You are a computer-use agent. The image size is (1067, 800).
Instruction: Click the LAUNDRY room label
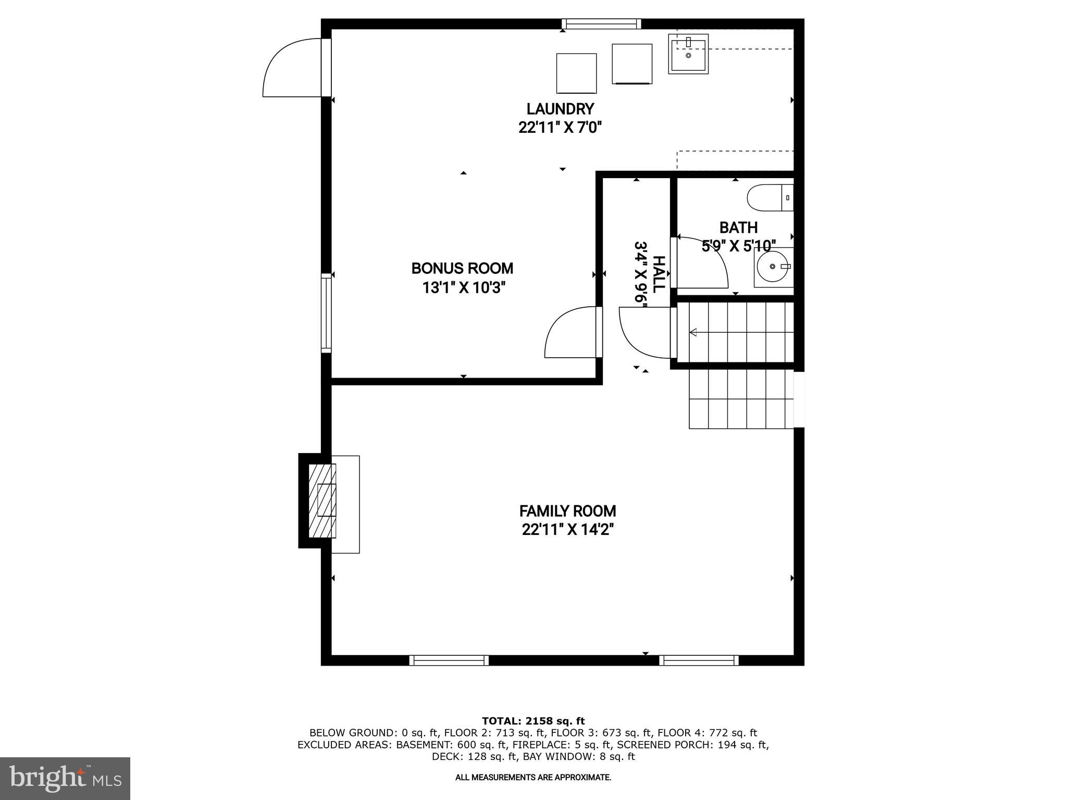[560, 109]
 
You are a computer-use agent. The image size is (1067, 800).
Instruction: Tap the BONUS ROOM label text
[462, 268]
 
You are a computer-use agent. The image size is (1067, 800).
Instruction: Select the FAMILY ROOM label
[567, 510]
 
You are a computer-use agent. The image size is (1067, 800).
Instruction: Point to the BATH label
[738, 228]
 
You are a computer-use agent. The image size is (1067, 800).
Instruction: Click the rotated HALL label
[659, 274]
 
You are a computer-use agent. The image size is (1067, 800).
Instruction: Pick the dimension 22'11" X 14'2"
[568, 530]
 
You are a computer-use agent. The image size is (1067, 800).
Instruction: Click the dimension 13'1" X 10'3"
[464, 287]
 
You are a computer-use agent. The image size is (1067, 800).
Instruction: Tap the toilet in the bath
[769, 198]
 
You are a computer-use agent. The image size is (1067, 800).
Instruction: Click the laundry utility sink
[688, 54]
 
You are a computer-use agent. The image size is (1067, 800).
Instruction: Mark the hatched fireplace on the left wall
[321, 501]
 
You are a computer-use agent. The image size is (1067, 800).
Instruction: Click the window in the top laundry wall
[601, 23]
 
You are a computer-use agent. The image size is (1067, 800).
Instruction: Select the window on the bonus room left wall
[326, 313]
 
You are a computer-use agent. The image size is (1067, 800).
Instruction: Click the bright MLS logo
[65, 778]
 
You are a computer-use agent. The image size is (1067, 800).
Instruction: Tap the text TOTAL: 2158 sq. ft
[533, 721]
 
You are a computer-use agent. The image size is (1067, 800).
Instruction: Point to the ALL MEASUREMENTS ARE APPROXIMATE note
[533, 777]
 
